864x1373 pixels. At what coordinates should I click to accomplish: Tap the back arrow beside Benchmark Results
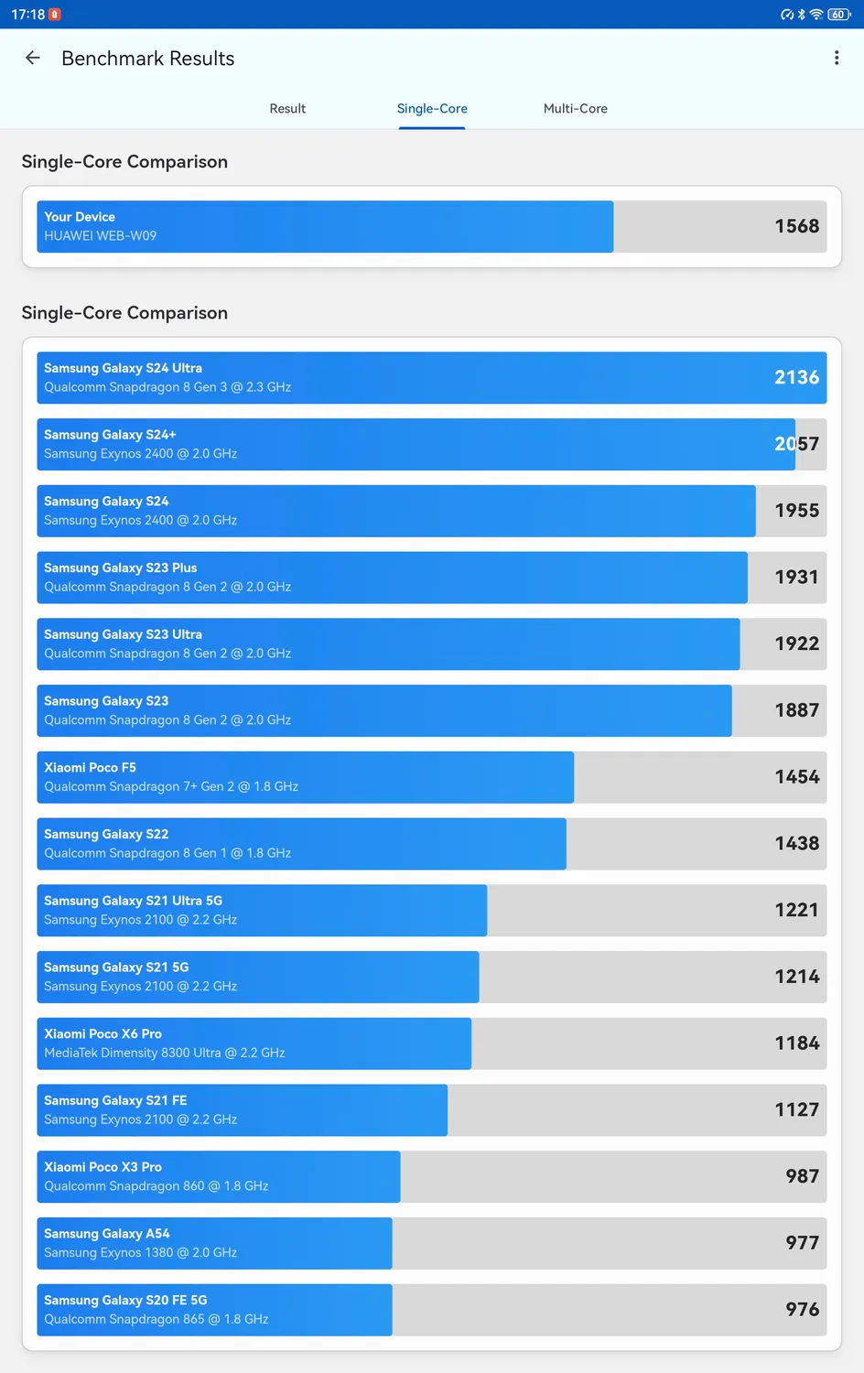point(33,58)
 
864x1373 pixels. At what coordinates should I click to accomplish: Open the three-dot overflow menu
point(836,58)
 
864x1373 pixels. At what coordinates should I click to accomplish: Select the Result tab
point(287,108)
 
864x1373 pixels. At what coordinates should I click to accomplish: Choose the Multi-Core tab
point(575,108)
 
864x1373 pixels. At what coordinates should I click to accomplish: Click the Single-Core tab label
point(432,108)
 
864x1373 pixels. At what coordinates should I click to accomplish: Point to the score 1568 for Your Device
point(796,226)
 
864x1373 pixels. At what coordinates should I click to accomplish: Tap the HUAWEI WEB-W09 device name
point(101,236)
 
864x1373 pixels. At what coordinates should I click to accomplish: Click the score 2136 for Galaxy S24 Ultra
point(796,377)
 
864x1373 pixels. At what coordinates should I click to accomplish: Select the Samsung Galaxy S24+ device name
point(110,435)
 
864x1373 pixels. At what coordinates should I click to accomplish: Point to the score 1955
point(796,511)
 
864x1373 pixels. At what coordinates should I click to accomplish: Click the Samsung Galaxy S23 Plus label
point(121,568)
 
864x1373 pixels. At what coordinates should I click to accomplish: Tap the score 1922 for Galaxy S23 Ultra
point(796,643)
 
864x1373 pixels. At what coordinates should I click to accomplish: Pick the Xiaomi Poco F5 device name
point(90,767)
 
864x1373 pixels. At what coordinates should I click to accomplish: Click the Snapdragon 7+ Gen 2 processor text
point(171,786)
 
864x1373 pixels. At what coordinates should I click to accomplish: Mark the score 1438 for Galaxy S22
point(796,843)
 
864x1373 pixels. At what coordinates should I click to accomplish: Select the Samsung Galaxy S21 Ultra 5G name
point(133,901)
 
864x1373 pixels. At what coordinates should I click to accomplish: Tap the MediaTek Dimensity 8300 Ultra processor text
point(165,1053)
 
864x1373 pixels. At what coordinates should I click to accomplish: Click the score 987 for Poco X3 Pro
point(802,1176)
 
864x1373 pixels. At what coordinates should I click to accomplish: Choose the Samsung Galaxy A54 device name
point(107,1234)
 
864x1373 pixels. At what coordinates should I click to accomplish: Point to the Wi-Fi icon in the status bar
point(815,15)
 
